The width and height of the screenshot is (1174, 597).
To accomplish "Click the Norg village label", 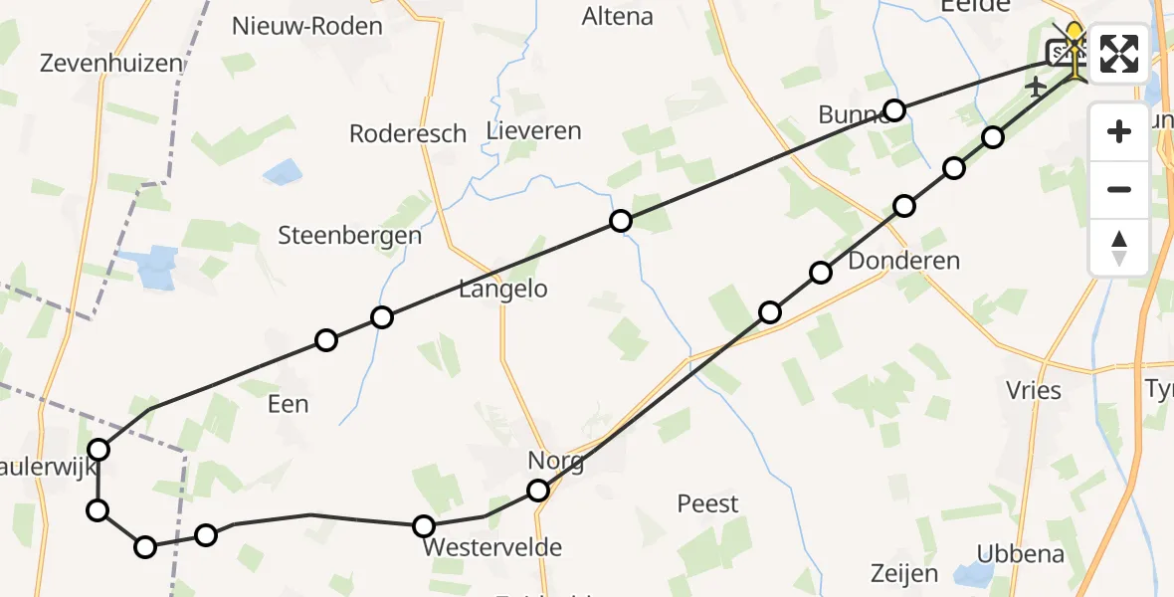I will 556,462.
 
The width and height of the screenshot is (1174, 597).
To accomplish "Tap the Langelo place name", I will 503,290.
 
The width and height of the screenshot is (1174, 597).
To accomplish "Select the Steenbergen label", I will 350,236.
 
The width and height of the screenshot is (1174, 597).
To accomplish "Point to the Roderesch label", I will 408,133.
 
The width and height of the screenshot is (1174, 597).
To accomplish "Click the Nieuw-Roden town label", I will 307,26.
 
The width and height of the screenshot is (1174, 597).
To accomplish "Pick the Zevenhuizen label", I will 111,63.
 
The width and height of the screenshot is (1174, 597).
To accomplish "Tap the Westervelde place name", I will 492,547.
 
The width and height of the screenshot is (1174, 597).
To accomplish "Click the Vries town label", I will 1034,390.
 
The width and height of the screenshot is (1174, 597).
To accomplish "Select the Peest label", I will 708,503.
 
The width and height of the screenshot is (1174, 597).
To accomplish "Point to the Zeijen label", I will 904,574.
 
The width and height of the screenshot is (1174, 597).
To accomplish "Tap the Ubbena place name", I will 1021,554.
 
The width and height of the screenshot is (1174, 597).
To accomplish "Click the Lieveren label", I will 534,130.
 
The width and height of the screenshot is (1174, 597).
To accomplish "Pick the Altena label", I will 618,16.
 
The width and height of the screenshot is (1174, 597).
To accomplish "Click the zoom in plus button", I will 1119,131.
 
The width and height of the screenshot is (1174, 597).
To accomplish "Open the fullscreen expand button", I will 1119,53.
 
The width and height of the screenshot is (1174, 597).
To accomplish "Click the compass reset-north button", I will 1119,247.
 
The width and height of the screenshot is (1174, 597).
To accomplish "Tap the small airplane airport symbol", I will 1036,87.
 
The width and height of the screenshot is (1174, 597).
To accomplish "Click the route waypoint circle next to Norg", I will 538,490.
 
